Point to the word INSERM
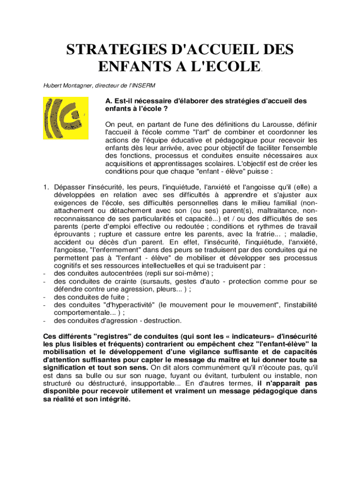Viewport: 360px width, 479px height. click(144, 86)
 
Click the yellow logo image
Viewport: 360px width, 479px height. click(65, 118)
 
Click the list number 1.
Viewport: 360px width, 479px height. click(45, 188)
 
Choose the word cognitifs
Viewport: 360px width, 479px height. click(70, 266)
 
